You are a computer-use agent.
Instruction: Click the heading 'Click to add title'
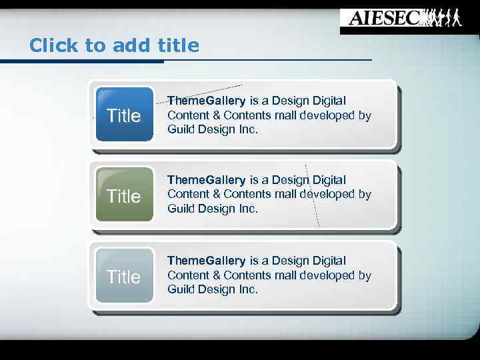114,45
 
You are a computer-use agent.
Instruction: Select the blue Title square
124,115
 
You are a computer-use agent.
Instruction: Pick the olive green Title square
124,195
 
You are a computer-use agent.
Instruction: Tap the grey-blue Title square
124,276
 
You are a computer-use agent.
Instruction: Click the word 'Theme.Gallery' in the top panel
206,101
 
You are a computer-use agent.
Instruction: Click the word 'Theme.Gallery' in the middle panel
206,180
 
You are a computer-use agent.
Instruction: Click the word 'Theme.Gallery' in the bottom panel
206,261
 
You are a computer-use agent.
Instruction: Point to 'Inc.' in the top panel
247,129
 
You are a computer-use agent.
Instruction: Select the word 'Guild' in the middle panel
181,209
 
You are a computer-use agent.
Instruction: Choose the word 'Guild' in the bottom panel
181,289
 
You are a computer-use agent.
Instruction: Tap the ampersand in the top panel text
216,115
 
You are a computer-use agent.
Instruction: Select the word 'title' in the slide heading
179,45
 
